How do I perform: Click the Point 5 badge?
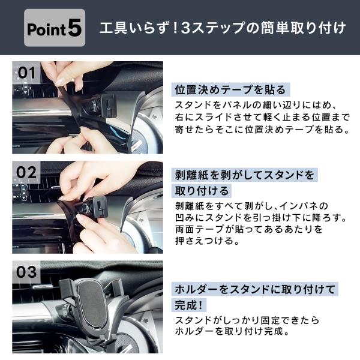pos(55,28)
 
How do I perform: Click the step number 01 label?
pos(26,73)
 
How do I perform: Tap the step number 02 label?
pos(26,172)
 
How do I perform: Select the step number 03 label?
pos(26,272)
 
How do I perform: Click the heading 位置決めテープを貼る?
pos(230,89)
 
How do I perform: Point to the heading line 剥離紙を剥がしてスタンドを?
pos(245,175)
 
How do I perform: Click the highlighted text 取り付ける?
pos(202,191)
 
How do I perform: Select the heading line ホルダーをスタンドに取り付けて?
pos(255,289)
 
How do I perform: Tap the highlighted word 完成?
pos(189,305)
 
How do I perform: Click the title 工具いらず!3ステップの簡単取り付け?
pos(222,28)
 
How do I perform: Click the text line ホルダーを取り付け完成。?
pos(232,331)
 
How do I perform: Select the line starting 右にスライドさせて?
pos(262,118)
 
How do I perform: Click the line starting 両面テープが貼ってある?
pos(249,229)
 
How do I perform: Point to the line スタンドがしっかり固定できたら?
pos(247,320)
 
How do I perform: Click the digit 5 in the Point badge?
pos(74,28)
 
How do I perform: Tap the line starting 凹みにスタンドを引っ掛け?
pos(261,217)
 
